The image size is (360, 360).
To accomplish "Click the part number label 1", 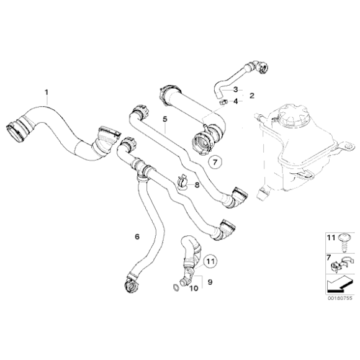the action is tap(47, 92).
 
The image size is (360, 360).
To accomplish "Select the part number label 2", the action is tap(252, 96).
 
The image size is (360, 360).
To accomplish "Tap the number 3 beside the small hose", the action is tap(236, 89).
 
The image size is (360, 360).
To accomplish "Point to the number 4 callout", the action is tap(236, 101).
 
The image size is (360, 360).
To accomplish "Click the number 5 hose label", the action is tap(165, 119).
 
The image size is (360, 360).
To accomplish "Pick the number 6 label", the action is tap(137, 236).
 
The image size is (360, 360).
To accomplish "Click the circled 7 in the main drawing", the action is tap(215, 163).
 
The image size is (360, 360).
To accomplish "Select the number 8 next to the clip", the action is tap(197, 185).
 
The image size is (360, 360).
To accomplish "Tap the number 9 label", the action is tap(210, 282).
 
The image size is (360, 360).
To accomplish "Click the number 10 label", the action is tap(194, 288).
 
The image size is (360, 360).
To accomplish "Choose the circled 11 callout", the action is tap(210, 261).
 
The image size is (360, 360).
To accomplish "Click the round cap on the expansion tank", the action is tap(294, 117).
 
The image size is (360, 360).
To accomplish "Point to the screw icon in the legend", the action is tap(344, 243).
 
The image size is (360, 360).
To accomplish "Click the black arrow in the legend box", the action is tap(340, 285).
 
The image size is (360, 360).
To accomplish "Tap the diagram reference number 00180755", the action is tap(340, 298).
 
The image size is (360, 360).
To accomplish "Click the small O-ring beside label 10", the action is tap(175, 287).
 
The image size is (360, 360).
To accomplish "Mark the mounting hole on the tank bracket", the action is tap(349, 146).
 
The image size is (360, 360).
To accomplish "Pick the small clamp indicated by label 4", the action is tap(223, 102).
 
